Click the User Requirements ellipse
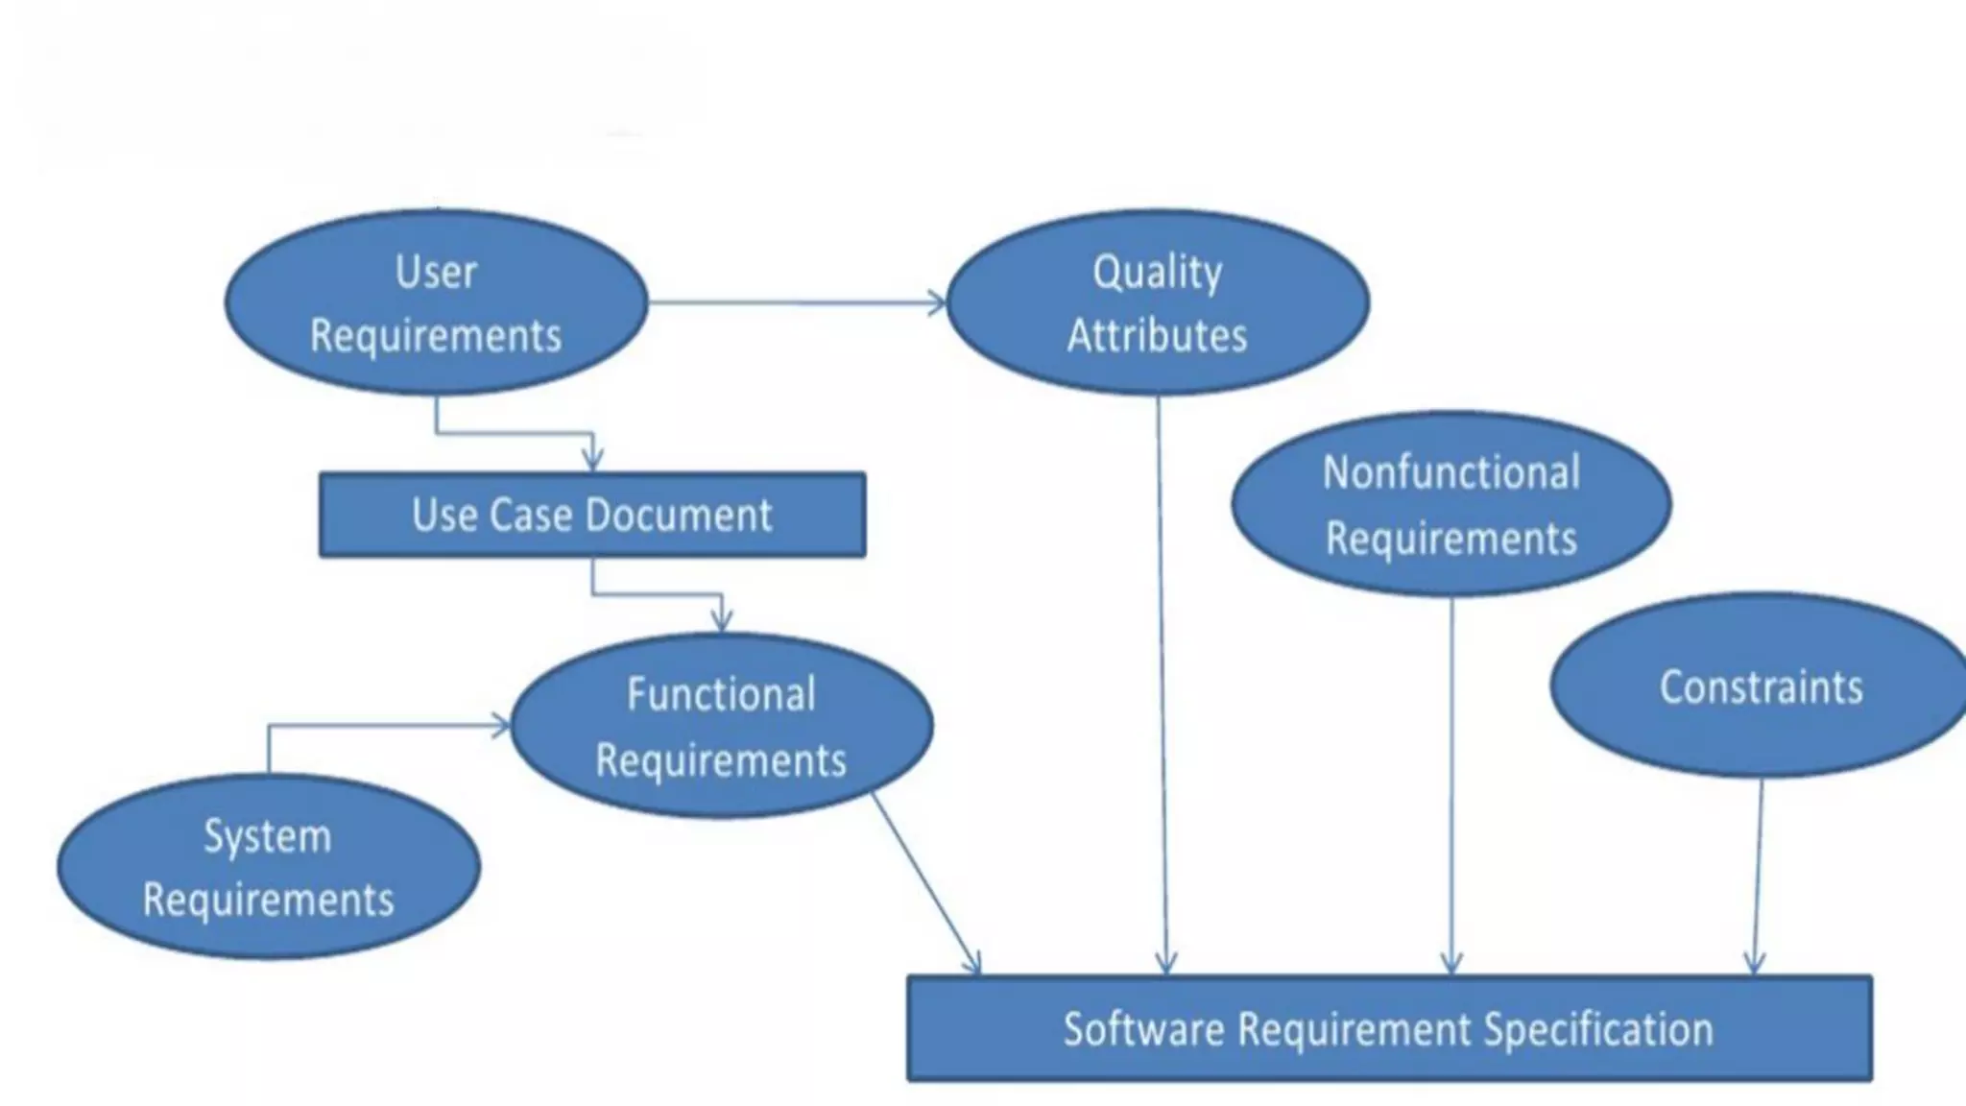[x=436, y=302]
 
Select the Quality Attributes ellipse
[x=1157, y=302]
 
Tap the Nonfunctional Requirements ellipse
[x=1451, y=504]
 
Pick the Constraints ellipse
[x=1760, y=685]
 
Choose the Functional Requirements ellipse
[x=721, y=726]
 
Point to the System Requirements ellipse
[x=268, y=867]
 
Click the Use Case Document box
[x=591, y=515]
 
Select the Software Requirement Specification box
[x=1388, y=1028]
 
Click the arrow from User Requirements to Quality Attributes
[x=797, y=303]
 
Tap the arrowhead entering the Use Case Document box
[x=592, y=459]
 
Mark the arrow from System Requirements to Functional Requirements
[x=384, y=727]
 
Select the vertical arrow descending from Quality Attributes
[x=1162, y=672]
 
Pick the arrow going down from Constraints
[x=1758, y=874]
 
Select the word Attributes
[x=1157, y=336]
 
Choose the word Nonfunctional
[x=1451, y=472]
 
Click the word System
[x=268, y=836]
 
